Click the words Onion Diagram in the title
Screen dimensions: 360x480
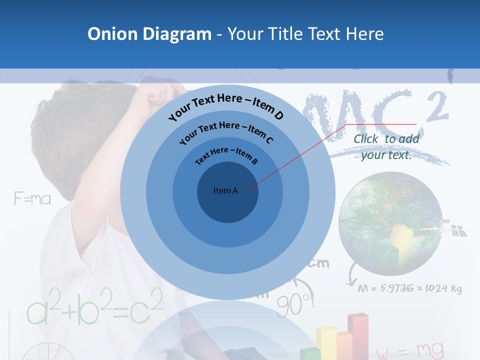(149, 34)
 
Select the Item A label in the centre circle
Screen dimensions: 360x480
(225, 190)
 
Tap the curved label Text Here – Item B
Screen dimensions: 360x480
(226, 154)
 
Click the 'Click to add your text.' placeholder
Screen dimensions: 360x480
(386, 147)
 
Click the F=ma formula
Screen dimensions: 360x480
(32, 199)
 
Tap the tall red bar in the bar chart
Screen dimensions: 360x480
(358, 335)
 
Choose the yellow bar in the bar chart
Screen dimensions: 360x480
(326, 342)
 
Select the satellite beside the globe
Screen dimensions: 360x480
(442, 230)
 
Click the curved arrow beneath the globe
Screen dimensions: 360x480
(351, 275)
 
